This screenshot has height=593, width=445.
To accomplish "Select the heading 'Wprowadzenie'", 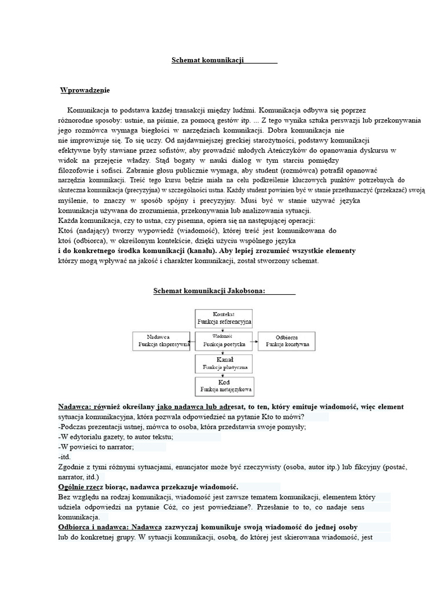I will tap(85, 90).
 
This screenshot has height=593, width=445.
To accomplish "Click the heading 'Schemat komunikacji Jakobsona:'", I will tap(209, 291).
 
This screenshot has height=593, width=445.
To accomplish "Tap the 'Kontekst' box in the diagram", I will tap(224, 317).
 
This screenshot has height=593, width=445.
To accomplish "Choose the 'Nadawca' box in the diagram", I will tap(161, 340).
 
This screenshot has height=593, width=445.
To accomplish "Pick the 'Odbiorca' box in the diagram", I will tap(287, 340).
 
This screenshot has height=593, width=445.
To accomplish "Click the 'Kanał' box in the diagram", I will tap(224, 363).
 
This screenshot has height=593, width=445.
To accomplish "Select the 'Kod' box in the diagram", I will tap(224, 386).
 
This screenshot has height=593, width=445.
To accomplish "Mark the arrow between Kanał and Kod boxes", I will tap(224, 375).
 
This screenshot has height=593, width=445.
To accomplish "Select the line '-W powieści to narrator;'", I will tap(96, 447).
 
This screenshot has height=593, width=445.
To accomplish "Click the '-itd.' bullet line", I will tap(64, 457).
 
